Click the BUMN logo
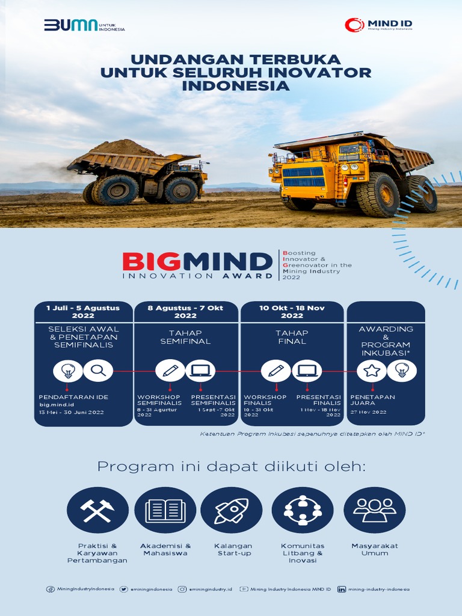click(x=84, y=26)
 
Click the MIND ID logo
click(x=378, y=25)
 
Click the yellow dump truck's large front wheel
click(x=377, y=195)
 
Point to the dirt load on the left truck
click(x=125, y=147)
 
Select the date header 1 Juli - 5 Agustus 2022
click(x=83, y=311)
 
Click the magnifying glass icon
click(x=98, y=371)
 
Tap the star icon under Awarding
click(x=371, y=371)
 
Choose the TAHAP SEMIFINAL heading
click(x=185, y=337)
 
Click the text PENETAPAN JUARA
click(x=372, y=400)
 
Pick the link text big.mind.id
click(x=52, y=405)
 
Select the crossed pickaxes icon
click(x=97, y=510)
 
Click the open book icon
click(x=165, y=510)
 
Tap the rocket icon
click(x=232, y=510)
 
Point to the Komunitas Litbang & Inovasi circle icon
click(x=302, y=510)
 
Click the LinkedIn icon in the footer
click(x=342, y=590)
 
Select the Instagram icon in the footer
click(x=182, y=590)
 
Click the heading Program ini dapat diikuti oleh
click(x=231, y=467)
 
